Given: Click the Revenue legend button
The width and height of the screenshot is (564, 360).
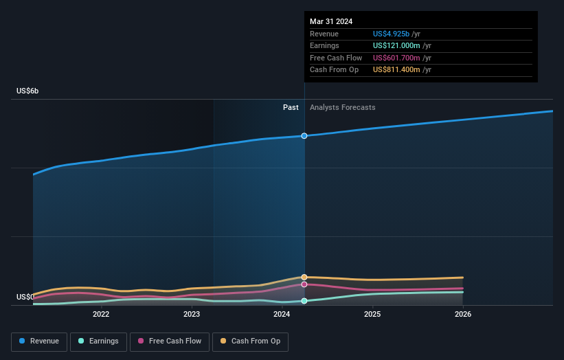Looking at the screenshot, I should click(40, 341).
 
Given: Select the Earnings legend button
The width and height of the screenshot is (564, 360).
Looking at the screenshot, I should click(99, 341).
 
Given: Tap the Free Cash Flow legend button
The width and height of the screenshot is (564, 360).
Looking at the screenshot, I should click(170, 341).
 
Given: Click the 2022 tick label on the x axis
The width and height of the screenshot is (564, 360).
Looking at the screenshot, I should click(101, 315).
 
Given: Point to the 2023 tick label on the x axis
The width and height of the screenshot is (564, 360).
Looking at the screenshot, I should click(192, 315).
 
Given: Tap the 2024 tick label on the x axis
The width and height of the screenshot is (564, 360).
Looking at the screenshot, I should click(282, 315).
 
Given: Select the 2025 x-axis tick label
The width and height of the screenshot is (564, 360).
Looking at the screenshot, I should click(372, 315).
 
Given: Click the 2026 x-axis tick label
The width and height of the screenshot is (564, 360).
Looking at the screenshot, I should click(463, 315).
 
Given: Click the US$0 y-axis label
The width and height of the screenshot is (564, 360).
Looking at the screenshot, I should click(25, 297).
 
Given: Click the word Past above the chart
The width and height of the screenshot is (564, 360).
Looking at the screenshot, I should click(291, 107).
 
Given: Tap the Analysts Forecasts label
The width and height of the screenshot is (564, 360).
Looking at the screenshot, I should click(343, 107).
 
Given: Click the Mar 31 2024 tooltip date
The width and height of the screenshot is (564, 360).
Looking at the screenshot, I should click(331, 21).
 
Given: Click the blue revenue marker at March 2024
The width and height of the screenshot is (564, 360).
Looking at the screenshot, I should click(304, 136).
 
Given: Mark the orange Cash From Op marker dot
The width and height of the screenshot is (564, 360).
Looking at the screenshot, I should click(304, 277).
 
